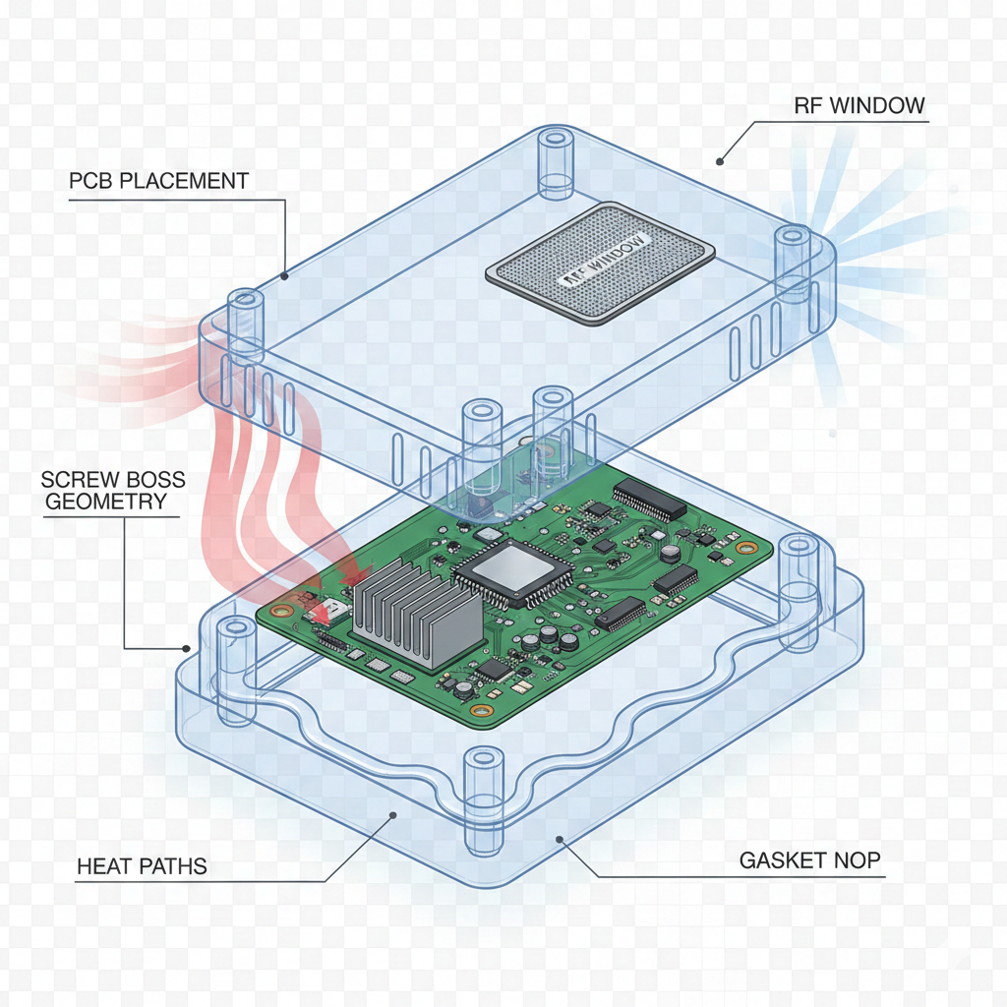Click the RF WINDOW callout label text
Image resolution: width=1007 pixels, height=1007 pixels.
coord(859,104)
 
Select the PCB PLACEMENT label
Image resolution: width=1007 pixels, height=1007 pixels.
coord(159,181)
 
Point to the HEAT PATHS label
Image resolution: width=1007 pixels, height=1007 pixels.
coord(142,866)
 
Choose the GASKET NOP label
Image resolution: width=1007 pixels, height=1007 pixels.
coord(810,860)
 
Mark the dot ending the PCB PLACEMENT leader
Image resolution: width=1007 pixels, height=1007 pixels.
coord(284,277)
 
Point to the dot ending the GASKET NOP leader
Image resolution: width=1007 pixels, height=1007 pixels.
coord(560,839)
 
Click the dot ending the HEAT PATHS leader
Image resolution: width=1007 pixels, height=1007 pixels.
coord(393,813)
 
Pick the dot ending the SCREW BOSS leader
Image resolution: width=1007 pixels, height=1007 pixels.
coord(187,648)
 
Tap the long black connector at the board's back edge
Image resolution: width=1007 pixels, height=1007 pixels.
coord(650,502)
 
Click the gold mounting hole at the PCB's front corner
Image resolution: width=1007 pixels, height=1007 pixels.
coord(479,711)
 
